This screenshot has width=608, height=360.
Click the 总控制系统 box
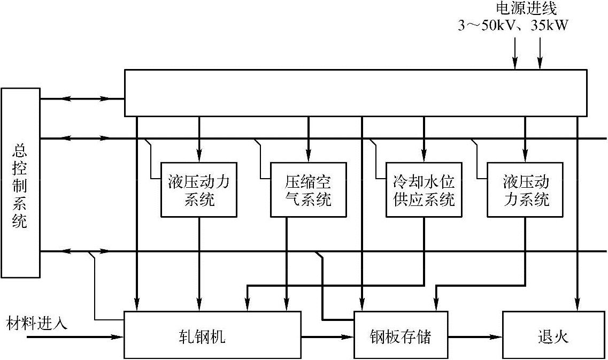pos(20,183)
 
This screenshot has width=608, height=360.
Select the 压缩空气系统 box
pos(308,190)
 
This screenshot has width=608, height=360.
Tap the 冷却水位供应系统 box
pos(424,190)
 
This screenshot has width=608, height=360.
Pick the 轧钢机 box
pos(213,334)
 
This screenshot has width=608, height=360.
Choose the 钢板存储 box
pos(401,334)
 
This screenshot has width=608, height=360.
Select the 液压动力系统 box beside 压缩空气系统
pos(199,190)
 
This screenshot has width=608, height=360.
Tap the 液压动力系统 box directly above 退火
pos(525,190)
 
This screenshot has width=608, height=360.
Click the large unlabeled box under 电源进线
pos(355,93)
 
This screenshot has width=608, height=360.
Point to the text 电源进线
pos(527,9)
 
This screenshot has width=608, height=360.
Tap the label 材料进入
pos(37,324)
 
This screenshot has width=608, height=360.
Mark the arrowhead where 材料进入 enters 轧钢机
pos(119,337)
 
